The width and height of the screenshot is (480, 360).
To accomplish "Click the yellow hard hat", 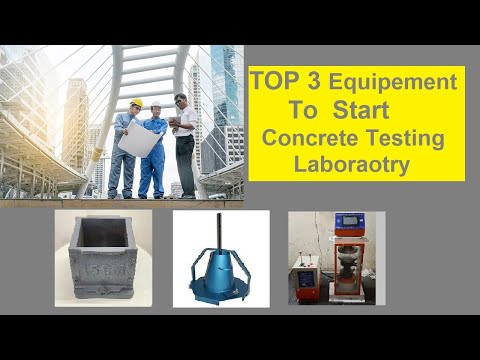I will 136,103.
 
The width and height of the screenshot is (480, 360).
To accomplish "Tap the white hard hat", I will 155,104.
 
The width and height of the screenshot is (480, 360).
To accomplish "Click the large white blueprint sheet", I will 138,138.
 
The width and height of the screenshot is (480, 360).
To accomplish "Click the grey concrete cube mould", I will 104,258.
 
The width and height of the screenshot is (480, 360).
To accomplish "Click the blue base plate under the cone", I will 221,291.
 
